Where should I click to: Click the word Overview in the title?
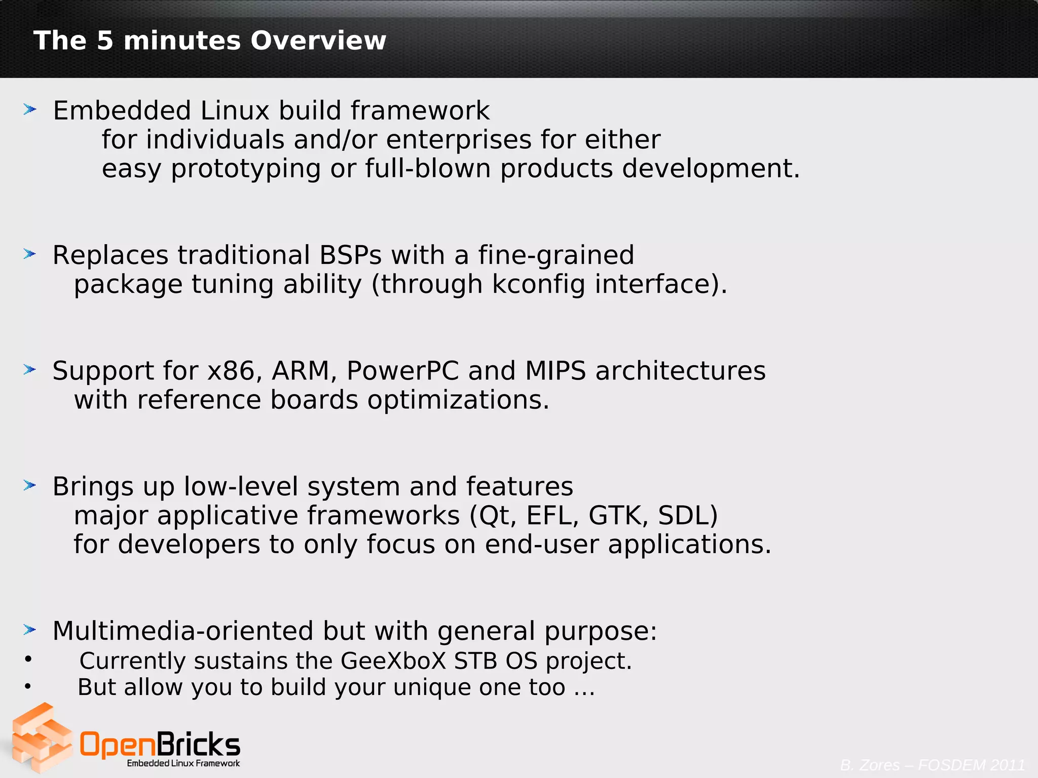pos(318,41)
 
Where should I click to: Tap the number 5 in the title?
pos(105,41)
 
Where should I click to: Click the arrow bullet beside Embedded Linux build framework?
pos(30,109)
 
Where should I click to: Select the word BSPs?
pos(350,255)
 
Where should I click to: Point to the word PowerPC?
pos(402,371)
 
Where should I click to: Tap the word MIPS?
pos(555,371)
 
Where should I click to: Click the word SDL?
pos(687,516)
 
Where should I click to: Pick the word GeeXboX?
pos(393,661)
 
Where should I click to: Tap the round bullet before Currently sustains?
pos(28,659)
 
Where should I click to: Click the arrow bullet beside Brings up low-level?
pos(30,486)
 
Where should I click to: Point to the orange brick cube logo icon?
pos(42,738)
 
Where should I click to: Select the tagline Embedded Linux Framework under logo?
pos(183,763)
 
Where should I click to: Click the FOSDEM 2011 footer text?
pos(971,765)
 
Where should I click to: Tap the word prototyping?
pos(246,169)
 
